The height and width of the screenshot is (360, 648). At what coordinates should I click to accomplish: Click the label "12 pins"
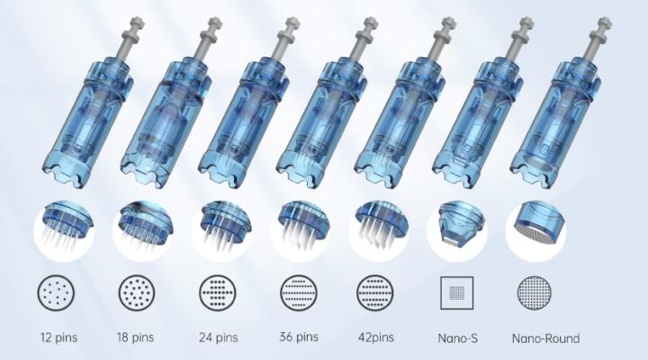tap(58, 337)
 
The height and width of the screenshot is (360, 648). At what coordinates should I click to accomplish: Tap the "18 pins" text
tap(135, 337)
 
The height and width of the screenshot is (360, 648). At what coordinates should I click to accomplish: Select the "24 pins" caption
tap(218, 337)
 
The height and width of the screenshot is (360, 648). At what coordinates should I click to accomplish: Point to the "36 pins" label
tap(299, 337)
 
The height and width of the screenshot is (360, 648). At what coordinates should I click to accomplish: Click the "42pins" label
tap(375, 337)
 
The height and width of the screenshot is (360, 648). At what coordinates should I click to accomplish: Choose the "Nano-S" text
tap(457, 338)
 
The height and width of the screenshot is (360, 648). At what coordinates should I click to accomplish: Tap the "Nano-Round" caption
tap(545, 338)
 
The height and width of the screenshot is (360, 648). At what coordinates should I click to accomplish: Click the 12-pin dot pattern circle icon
tap(56, 293)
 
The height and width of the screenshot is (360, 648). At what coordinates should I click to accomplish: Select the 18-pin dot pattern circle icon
tap(137, 293)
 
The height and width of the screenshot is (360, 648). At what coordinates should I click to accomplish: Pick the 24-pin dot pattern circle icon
tap(218, 293)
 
